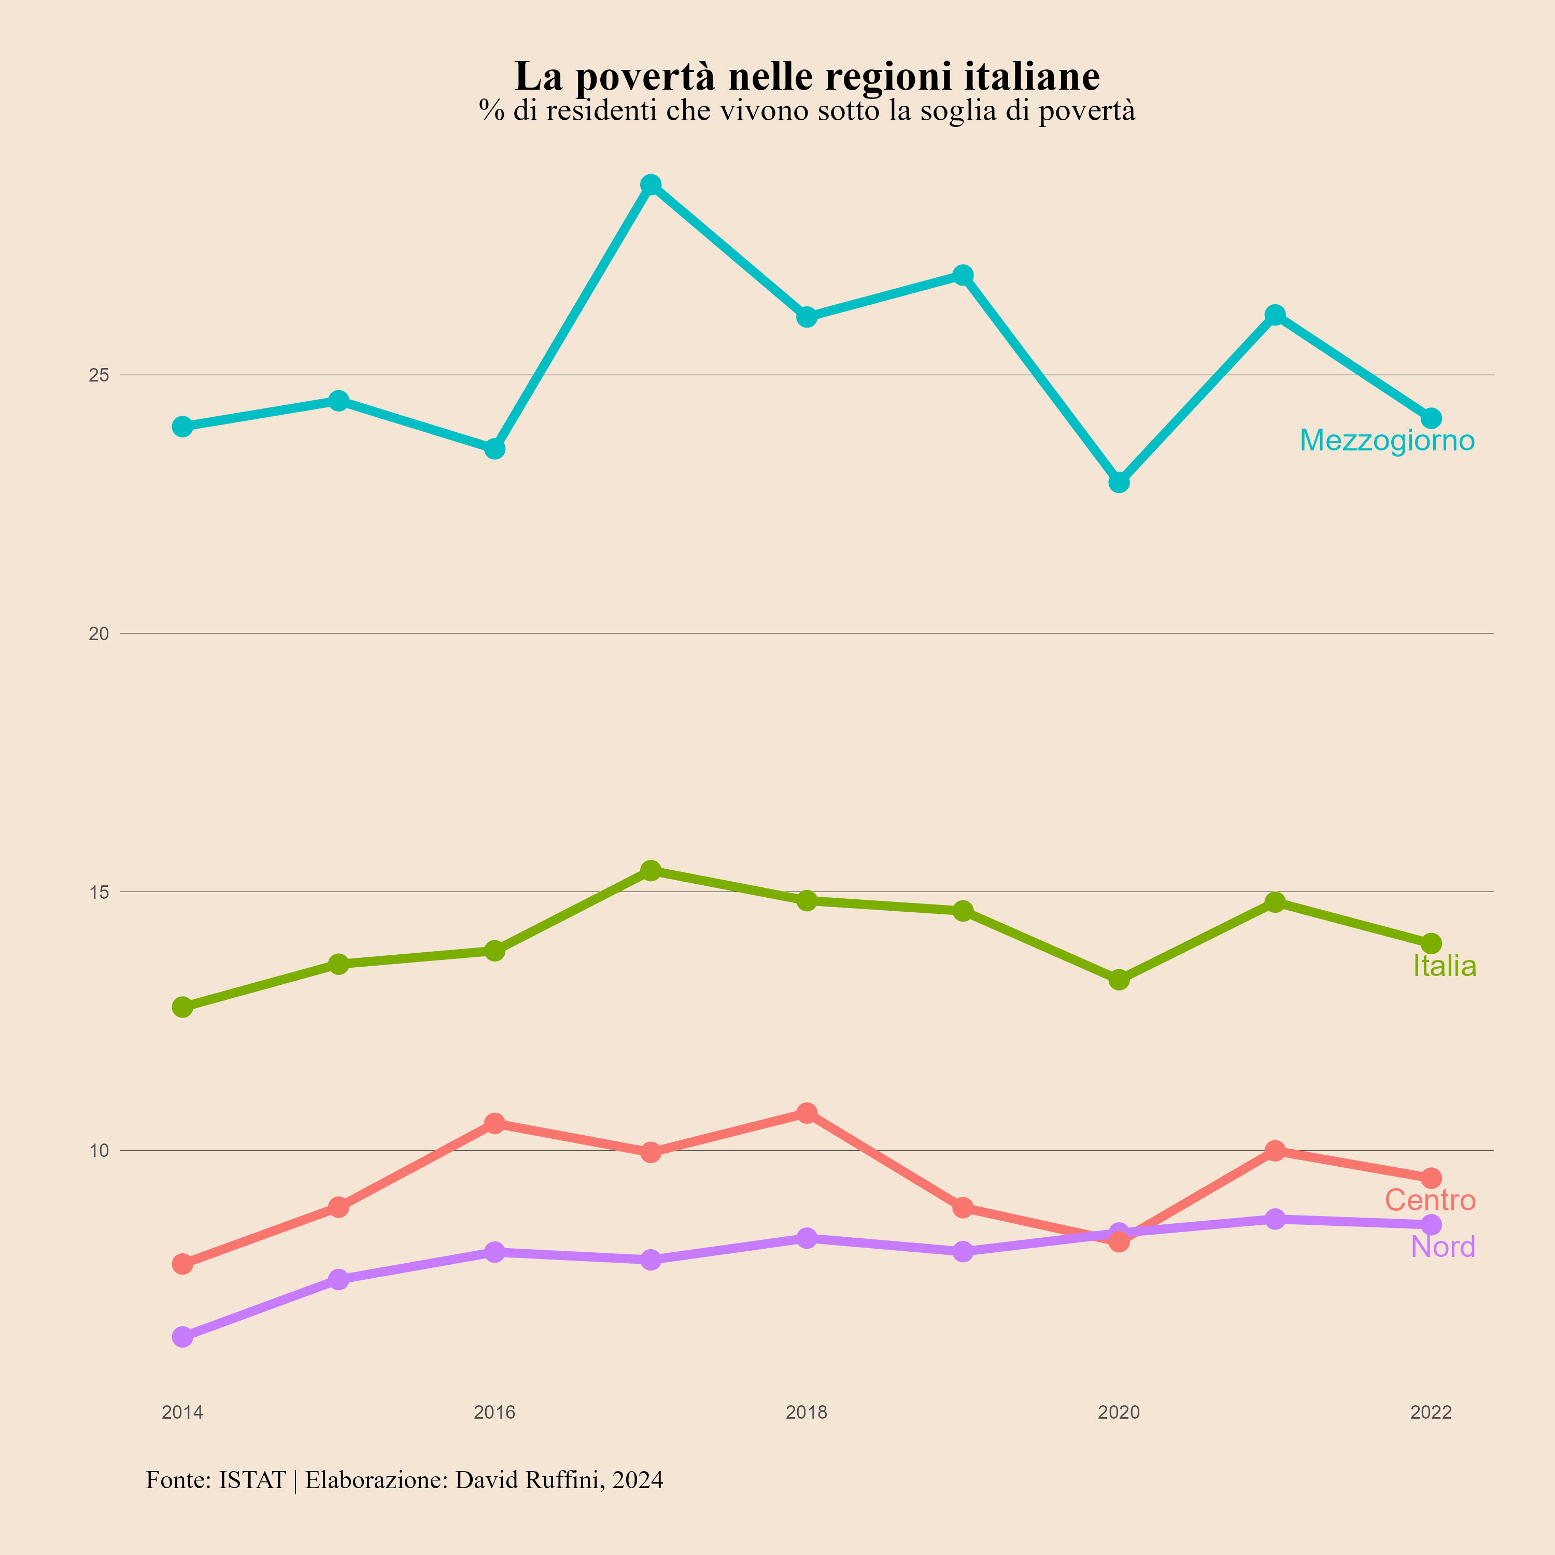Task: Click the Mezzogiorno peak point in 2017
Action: click(x=651, y=185)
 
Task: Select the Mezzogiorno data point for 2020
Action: click(x=1119, y=482)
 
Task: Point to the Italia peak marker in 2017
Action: click(x=651, y=870)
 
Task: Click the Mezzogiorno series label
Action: click(x=1387, y=440)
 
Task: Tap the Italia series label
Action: click(x=1445, y=966)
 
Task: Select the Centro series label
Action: click(x=1430, y=1200)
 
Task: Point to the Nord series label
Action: click(x=1443, y=1247)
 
